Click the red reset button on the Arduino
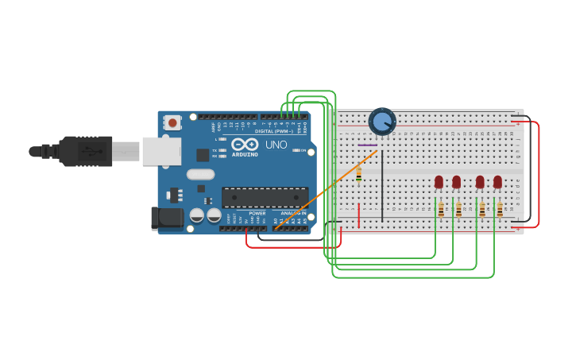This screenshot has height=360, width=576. point(172,122)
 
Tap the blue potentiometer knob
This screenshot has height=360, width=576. point(382,122)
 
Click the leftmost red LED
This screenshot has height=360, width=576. point(439,182)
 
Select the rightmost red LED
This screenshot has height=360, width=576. point(497,182)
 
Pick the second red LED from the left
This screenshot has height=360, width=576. point(456,182)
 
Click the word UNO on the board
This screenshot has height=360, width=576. point(276,145)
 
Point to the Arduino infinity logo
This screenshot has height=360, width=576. point(245,145)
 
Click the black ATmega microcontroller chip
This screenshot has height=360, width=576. point(265,197)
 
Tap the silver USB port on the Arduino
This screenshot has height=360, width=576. point(162,150)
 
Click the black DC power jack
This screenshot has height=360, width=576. point(166,218)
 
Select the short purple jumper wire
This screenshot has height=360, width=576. point(366,145)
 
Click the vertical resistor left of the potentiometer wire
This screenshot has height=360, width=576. point(358,173)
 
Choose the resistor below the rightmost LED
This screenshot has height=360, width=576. point(500,210)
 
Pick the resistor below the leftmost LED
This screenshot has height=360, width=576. point(441,210)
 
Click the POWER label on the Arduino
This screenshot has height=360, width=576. point(257,213)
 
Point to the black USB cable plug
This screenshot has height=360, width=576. point(79,150)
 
